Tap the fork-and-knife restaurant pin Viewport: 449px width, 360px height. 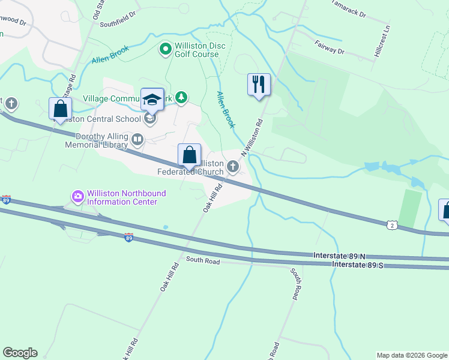coord(259,84)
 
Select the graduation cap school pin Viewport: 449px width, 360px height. coord(152,99)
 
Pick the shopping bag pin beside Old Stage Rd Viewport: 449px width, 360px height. coord(60,109)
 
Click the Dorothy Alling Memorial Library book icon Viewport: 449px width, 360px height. coord(137,140)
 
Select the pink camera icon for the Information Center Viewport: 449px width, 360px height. coord(78,196)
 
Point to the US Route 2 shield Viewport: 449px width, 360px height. coord(392,224)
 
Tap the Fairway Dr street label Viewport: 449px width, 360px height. coord(328,47)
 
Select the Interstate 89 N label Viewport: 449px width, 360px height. coord(339,256)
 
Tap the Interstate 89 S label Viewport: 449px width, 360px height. coord(358,265)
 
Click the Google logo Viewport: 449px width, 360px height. coord(20,353)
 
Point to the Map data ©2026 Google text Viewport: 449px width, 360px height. coord(411,355)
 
